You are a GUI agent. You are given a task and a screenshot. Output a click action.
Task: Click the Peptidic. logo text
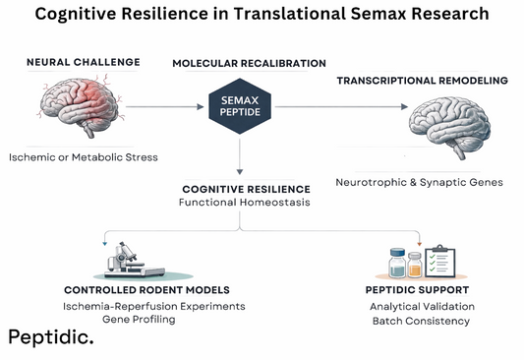click(51, 337)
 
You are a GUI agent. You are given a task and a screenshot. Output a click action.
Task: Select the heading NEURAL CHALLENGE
click(83, 62)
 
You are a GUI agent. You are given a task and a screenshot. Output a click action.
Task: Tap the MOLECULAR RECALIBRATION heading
click(249, 63)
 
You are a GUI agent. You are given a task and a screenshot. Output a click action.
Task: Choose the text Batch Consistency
click(412, 322)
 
